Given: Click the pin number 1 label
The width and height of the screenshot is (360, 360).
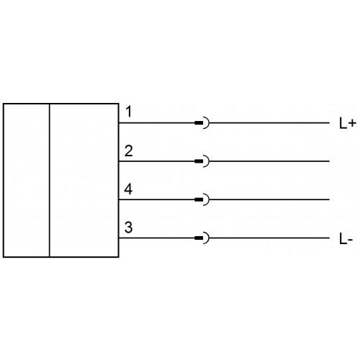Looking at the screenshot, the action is point(129,112).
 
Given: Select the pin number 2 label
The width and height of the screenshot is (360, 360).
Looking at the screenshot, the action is point(129,151).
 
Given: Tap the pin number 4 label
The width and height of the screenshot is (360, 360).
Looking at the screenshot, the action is point(128,189).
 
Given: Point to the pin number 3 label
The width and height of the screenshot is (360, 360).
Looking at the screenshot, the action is point(128,228).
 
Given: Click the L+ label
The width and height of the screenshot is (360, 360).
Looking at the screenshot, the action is point(347,124).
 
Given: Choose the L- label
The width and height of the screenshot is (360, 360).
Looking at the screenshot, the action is point(346,239).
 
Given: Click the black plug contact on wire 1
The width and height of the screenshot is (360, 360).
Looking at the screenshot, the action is point(199,123).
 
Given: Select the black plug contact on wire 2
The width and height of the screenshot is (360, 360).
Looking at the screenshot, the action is point(199,161).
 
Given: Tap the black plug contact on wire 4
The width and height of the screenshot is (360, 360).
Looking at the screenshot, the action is point(199,199).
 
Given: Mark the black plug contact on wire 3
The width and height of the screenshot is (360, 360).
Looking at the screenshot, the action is point(199,238).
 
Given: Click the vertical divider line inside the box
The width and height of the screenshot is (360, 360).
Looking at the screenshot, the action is point(50,180).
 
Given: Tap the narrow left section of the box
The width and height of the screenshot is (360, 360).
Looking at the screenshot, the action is point(27,180).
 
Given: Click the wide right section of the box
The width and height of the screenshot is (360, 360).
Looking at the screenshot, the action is point(84,180).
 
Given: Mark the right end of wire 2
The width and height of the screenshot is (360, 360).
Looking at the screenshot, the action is point(329,161).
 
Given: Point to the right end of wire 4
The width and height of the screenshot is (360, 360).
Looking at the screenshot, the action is point(329,199).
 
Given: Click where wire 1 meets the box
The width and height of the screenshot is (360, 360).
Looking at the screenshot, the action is point(119,123).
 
